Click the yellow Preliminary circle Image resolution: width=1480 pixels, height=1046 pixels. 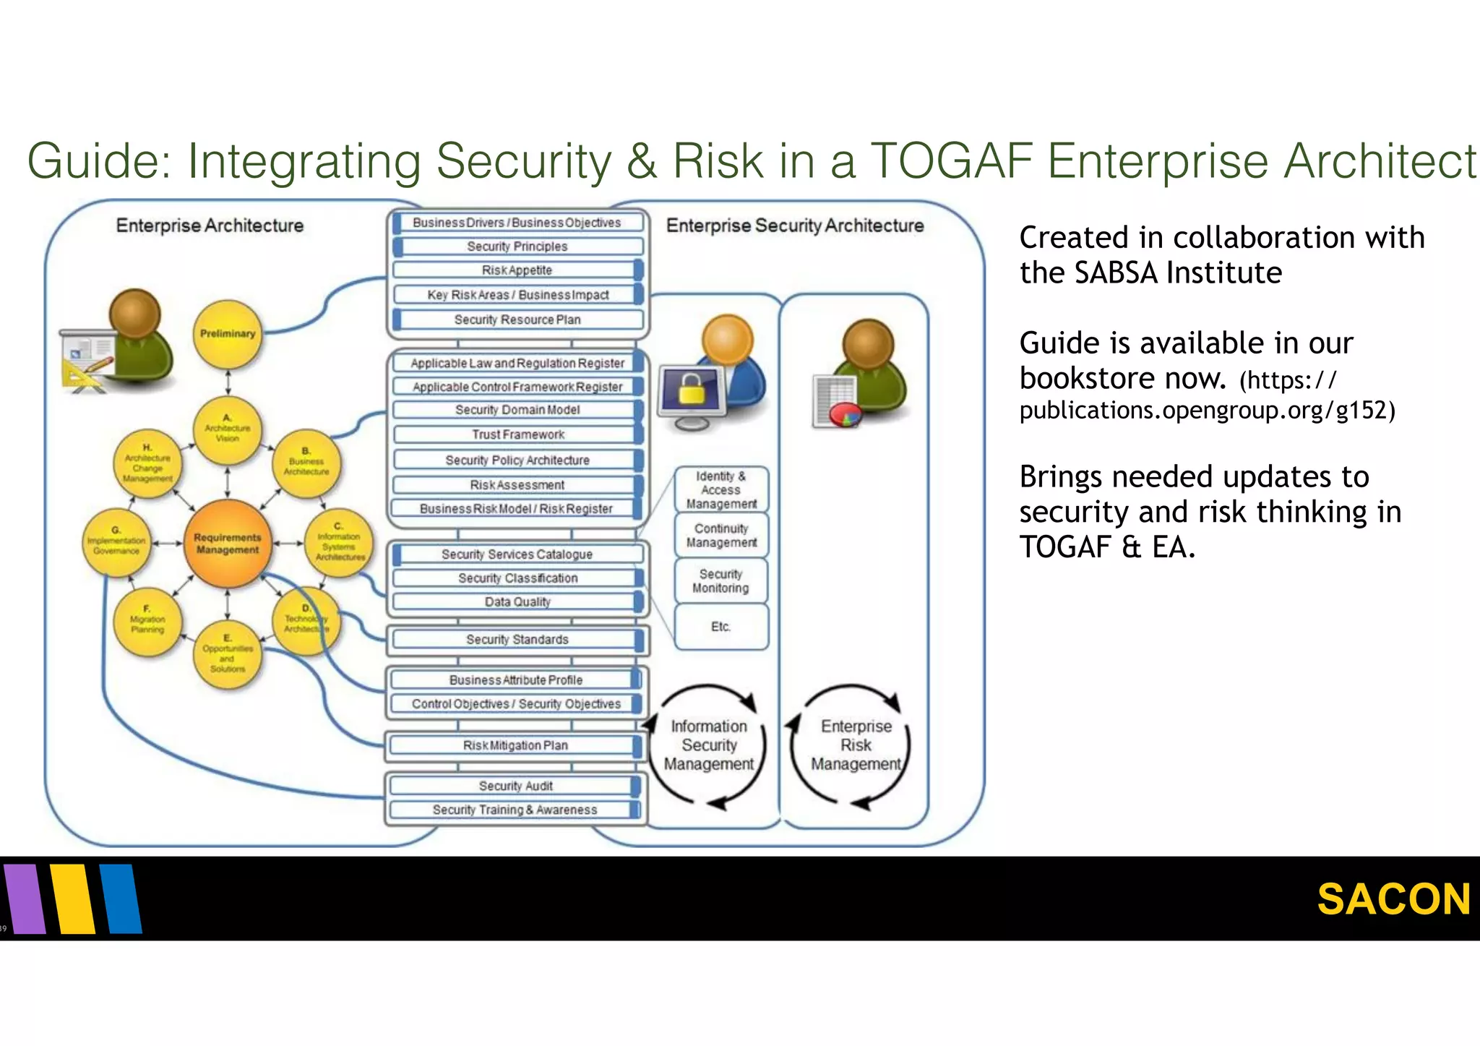228,334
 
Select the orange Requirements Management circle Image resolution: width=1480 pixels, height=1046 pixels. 227,544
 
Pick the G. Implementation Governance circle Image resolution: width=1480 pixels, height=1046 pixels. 116,542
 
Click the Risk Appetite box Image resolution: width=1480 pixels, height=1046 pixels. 517,270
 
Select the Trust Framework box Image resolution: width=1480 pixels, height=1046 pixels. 517,434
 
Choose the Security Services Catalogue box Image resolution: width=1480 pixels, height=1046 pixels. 517,554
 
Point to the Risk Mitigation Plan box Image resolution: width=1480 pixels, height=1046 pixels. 515,745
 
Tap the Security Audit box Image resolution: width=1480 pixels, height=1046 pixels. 515,786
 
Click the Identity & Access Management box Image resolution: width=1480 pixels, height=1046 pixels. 720,489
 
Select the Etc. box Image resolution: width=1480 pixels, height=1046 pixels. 720,627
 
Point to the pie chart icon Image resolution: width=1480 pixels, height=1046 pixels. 845,416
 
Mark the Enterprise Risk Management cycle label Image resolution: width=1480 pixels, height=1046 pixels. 856,745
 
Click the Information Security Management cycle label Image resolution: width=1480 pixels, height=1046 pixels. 708,745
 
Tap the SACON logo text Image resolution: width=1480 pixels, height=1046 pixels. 1393,899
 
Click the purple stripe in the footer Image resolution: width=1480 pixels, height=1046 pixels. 25,899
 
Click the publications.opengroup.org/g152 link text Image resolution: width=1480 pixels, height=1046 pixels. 1207,411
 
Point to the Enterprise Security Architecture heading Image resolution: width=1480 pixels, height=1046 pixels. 795,226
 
